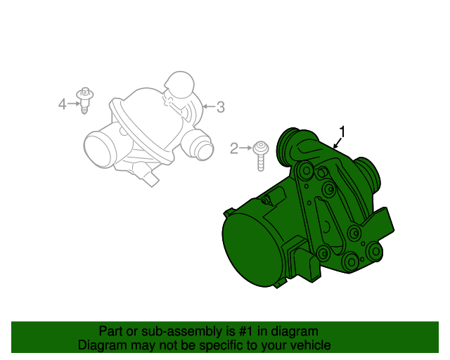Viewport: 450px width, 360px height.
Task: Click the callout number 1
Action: point(342,131)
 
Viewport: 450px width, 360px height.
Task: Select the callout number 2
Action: point(234,148)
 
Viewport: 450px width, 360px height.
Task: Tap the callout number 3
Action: point(220,107)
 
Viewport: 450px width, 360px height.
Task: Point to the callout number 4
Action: point(63,104)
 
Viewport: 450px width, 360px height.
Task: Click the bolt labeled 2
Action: point(261,156)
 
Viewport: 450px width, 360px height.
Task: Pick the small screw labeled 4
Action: point(84,100)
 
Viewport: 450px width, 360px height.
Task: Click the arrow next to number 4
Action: point(74,103)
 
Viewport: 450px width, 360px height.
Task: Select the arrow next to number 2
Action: point(245,148)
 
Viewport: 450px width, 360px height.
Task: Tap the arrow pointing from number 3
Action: point(209,107)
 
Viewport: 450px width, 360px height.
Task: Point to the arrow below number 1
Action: point(337,143)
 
